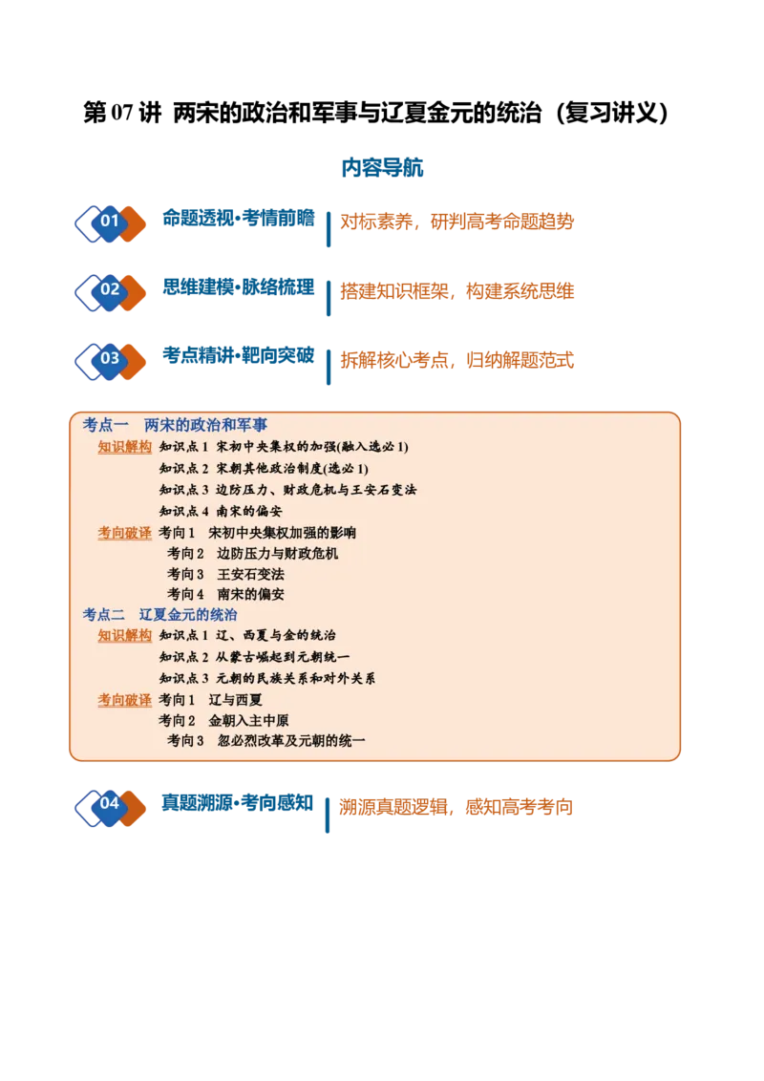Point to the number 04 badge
click(x=111, y=807)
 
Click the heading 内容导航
click(x=382, y=167)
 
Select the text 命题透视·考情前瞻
click(x=239, y=218)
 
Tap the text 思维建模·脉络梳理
click(x=239, y=286)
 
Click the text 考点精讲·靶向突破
click(x=239, y=355)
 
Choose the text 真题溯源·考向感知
click(x=238, y=802)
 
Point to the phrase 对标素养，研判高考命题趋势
click(x=457, y=222)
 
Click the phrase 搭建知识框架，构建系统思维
click(x=457, y=291)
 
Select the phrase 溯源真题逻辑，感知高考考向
click(x=456, y=807)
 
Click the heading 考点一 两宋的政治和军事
click(x=175, y=425)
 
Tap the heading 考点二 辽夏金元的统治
click(x=160, y=614)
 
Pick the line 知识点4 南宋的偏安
click(x=221, y=511)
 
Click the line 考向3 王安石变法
click(x=225, y=574)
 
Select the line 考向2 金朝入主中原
click(x=223, y=720)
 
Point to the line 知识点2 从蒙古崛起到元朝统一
click(x=254, y=657)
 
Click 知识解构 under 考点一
click(x=125, y=447)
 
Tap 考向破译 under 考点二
click(x=125, y=700)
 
